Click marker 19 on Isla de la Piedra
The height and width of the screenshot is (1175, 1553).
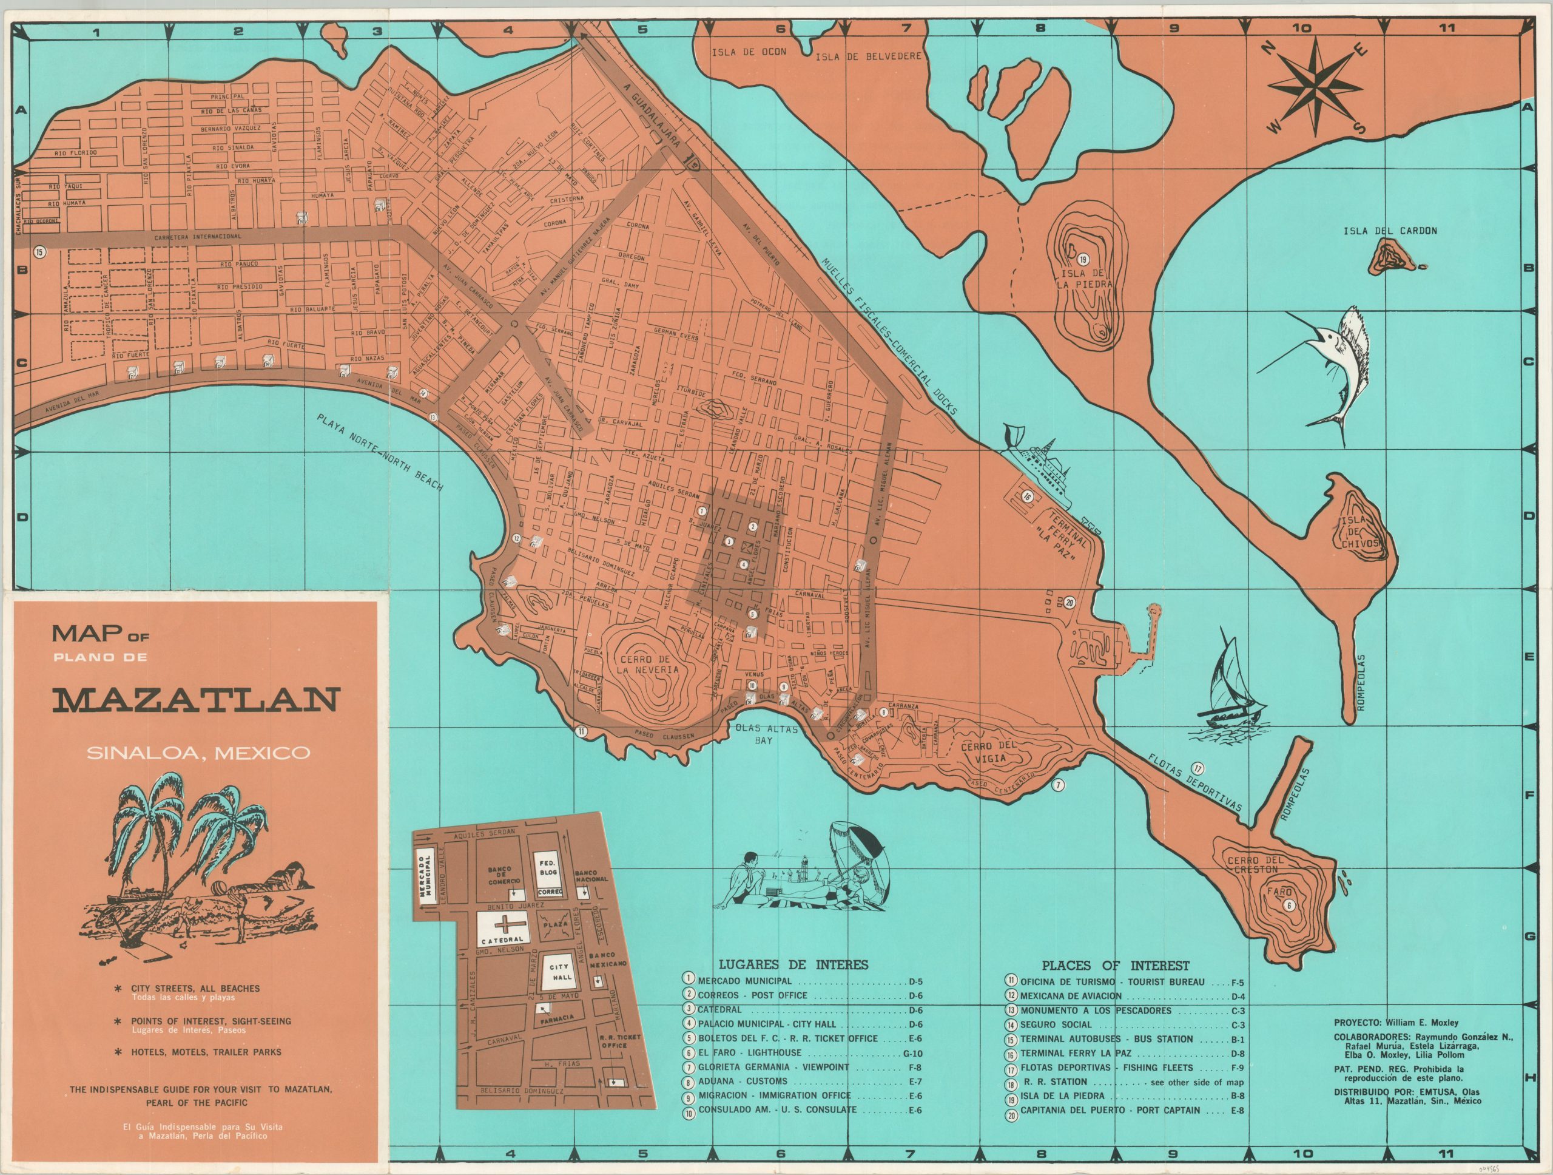1083,259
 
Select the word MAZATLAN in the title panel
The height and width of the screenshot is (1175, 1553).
196,700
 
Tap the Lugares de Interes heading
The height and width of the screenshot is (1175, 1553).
793,965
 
